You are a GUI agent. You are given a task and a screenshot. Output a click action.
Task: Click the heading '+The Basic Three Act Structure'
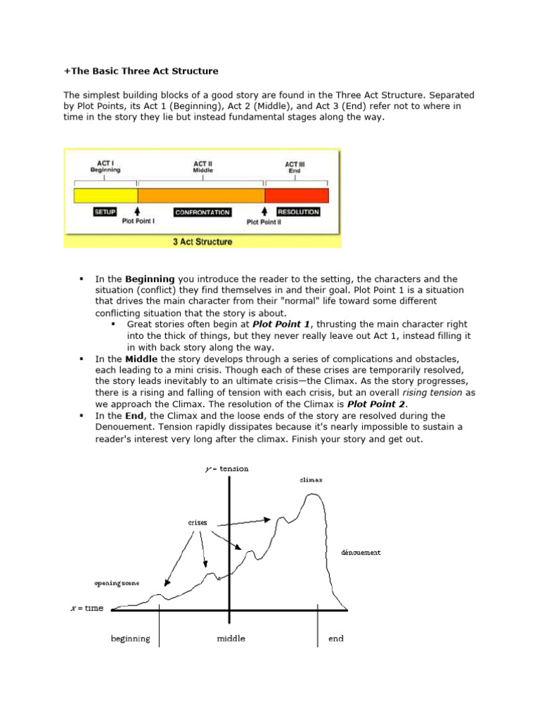tap(141, 71)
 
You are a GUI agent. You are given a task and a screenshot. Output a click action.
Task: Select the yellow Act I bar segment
tap(106, 195)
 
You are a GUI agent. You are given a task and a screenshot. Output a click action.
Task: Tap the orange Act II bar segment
tap(201, 195)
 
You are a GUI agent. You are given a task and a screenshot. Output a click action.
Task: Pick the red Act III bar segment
tap(296, 195)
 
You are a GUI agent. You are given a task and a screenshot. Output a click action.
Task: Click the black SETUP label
tap(105, 212)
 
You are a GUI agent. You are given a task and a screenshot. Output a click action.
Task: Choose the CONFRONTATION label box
tap(202, 212)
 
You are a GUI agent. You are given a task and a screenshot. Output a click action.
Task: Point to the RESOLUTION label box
tap(299, 212)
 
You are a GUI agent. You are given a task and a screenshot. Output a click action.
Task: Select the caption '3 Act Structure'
tap(202, 242)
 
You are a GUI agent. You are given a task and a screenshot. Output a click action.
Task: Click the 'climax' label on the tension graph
tap(311, 480)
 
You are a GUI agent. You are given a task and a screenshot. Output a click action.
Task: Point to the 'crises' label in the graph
tap(198, 523)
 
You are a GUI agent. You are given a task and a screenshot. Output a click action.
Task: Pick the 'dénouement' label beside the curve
tap(361, 553)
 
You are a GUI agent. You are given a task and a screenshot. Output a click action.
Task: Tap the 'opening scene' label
tap(117, 584)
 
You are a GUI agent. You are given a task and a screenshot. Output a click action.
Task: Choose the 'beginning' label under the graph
tap(130, 639)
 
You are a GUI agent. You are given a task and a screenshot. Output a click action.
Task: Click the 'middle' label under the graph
tap(231, 639)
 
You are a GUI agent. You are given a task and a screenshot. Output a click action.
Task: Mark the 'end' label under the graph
tap(336, 639)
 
